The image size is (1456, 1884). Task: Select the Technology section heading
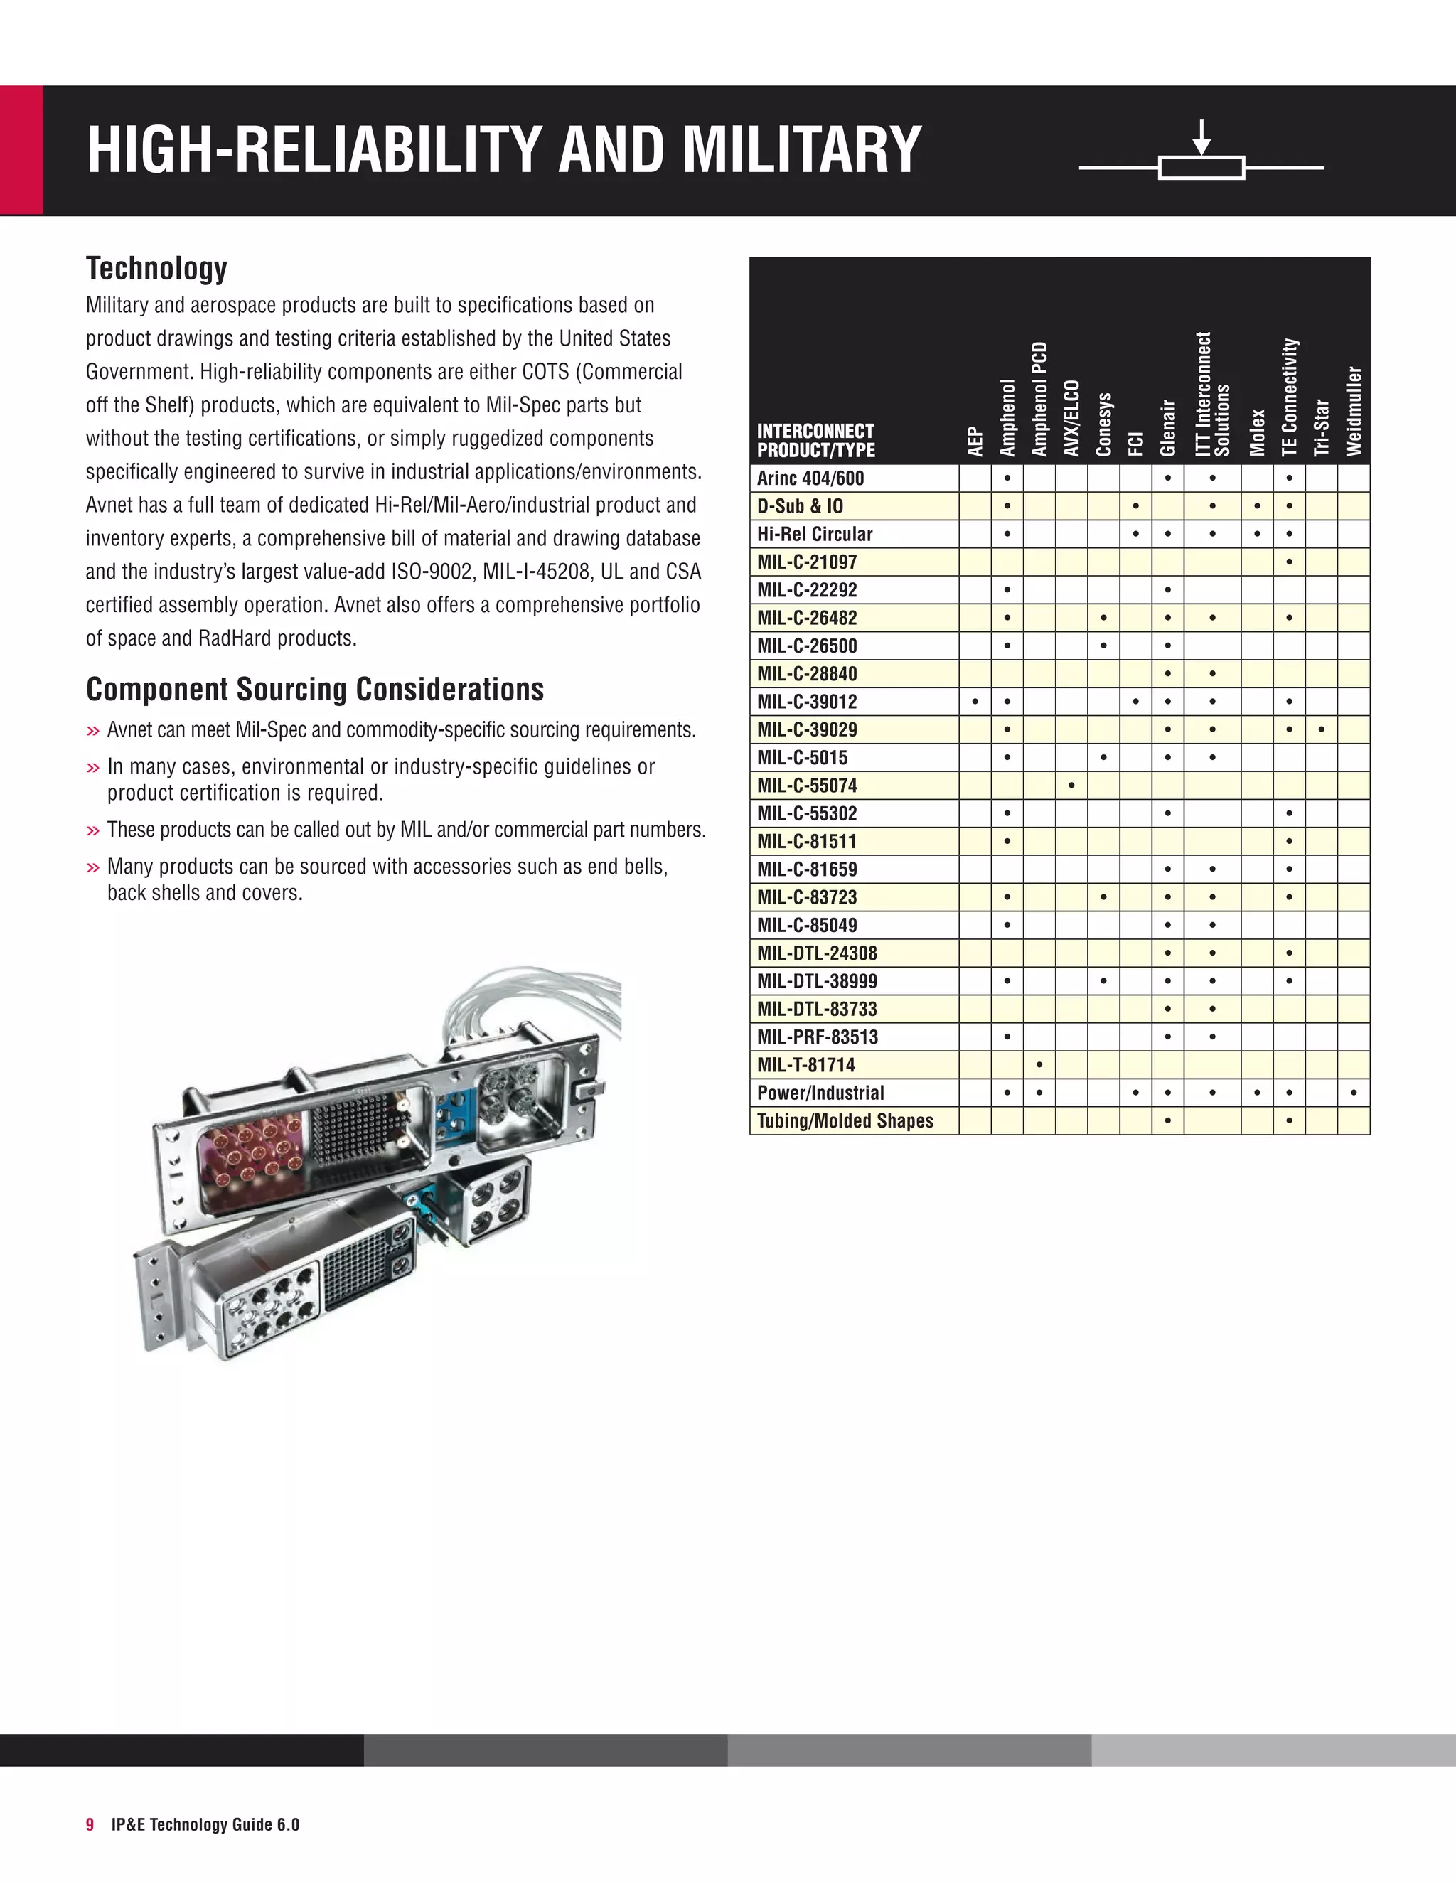click(x=156, y=268)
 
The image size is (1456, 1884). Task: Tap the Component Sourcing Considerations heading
click(x=315, y=689)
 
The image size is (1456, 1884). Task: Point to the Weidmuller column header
click(x=1354, y=411)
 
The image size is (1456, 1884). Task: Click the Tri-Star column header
click(x=1321, y=428)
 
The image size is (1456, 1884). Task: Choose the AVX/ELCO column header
click(x=1071, y=418)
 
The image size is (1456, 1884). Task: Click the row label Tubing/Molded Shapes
click(x=845, y=1120)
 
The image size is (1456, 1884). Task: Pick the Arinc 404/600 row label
click(x=810, y=478)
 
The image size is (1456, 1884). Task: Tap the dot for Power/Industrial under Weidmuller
click(x=1354, y=1093)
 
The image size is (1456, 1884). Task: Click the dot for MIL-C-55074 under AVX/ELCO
click(x=1071, y=786)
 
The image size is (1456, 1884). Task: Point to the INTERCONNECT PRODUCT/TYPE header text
click(x=815, y=440)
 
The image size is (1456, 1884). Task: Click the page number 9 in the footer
click(x=90, y=1824)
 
